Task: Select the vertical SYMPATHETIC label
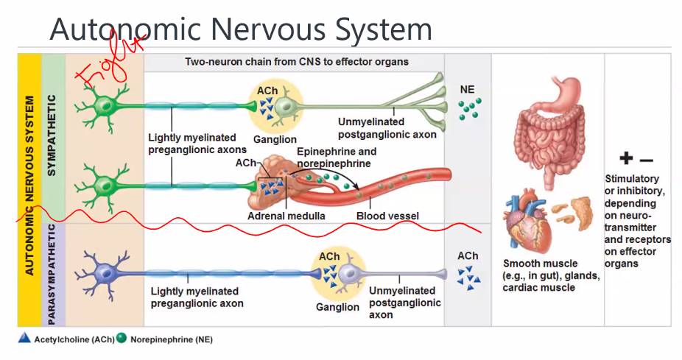pos(52,136)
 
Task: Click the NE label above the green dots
pos(467,90)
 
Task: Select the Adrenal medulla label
pos(286,216)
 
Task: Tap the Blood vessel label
pos(387,216)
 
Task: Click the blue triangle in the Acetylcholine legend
pos(24,339)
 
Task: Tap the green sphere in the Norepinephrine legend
pos(122,339)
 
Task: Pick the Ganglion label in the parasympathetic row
pos(337,307)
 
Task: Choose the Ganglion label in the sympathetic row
pos(275,139)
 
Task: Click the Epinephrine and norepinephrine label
pos(336,158)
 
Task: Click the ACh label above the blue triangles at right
pos(467,256)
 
